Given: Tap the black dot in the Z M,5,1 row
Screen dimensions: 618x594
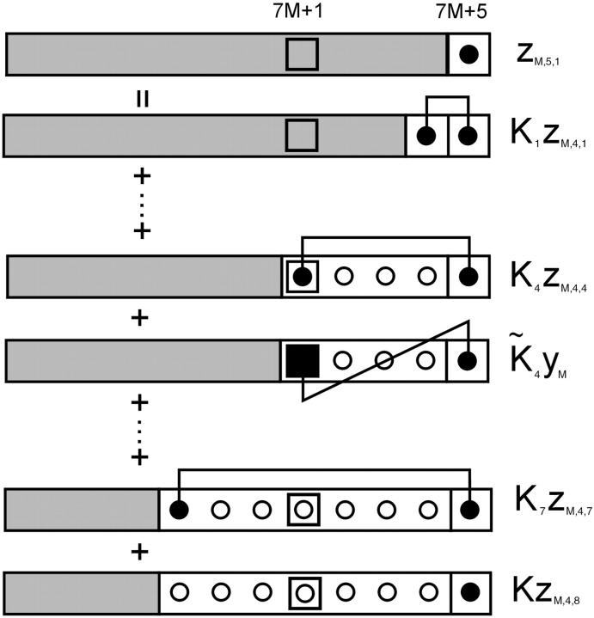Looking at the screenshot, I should pyautogui.click(x=468, y=55).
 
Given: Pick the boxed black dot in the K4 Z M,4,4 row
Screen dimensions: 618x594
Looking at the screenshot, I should pyautogui.click(x=302, y=276).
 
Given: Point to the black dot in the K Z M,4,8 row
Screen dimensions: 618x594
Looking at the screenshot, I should pyautogui.click(x=468, y=592).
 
